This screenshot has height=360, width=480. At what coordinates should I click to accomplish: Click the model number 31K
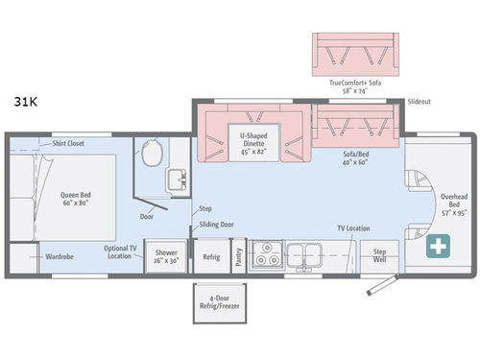(x=26, y=100)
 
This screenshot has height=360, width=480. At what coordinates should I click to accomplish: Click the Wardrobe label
(x=60, y=257)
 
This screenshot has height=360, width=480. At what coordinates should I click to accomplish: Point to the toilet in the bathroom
(x=150, y=150)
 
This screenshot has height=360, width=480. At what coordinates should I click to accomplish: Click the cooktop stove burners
(x=266, y=256)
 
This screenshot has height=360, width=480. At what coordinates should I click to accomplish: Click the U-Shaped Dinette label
(x=252, y=142)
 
